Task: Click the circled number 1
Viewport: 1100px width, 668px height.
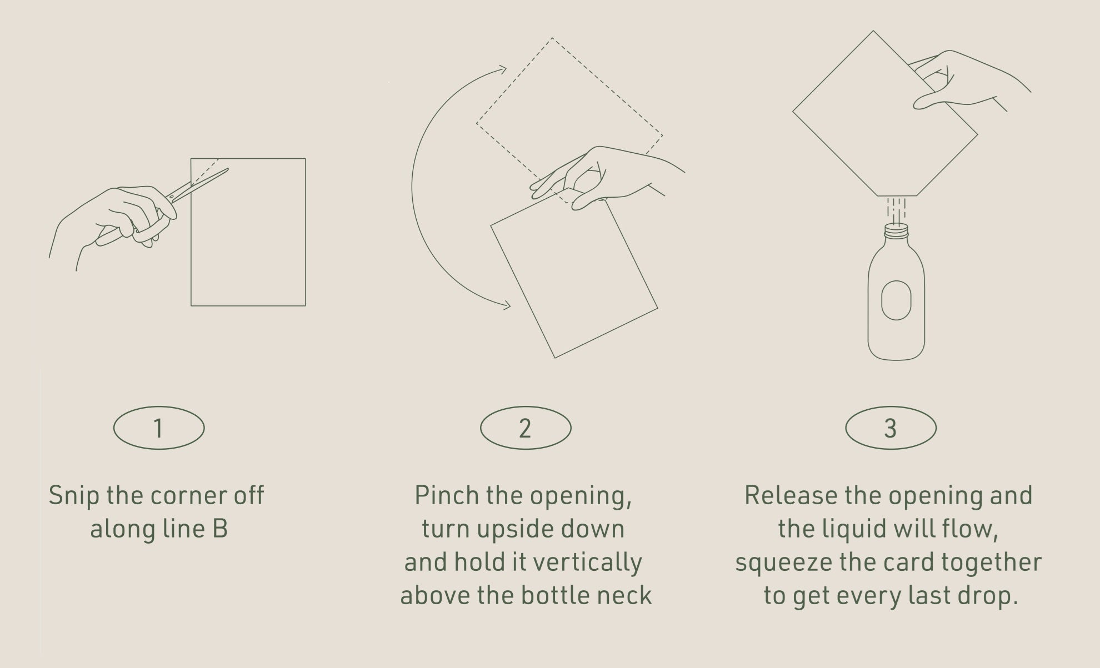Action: click(x=159, y=428)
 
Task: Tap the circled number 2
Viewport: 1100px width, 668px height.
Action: click(x=526, y=428)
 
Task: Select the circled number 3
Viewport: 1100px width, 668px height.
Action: click(x=891, y=428)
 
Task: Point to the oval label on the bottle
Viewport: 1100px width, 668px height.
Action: click(x=896, y=300)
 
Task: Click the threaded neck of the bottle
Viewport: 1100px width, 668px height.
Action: click(x=896, y=230)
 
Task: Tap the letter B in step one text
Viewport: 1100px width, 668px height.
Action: click(x=220, y=529)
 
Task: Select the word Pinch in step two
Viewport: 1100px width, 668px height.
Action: click(x=447, y=495)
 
